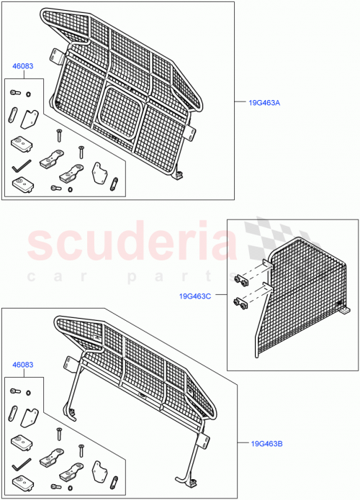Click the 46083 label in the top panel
point(22,65)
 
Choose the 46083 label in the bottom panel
point(22,366)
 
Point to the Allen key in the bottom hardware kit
point(22,463)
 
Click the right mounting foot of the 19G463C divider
point(346,311)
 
